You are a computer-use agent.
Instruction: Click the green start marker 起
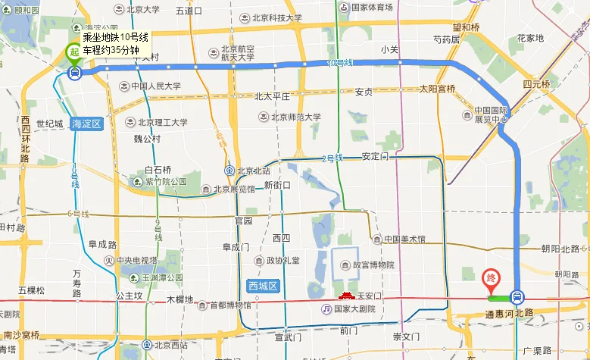tap(74, 52)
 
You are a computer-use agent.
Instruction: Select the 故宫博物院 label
tap(368, 265)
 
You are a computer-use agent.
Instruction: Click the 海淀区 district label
tap(85, 123)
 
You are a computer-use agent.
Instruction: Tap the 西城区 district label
tap(264, 286)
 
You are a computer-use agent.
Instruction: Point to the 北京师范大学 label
tap(290, 117)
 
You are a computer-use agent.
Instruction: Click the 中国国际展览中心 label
tap(491, 114)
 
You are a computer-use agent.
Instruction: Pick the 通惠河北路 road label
tap(510, 312)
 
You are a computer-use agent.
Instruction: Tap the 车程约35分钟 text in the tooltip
tap(111, 50)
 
